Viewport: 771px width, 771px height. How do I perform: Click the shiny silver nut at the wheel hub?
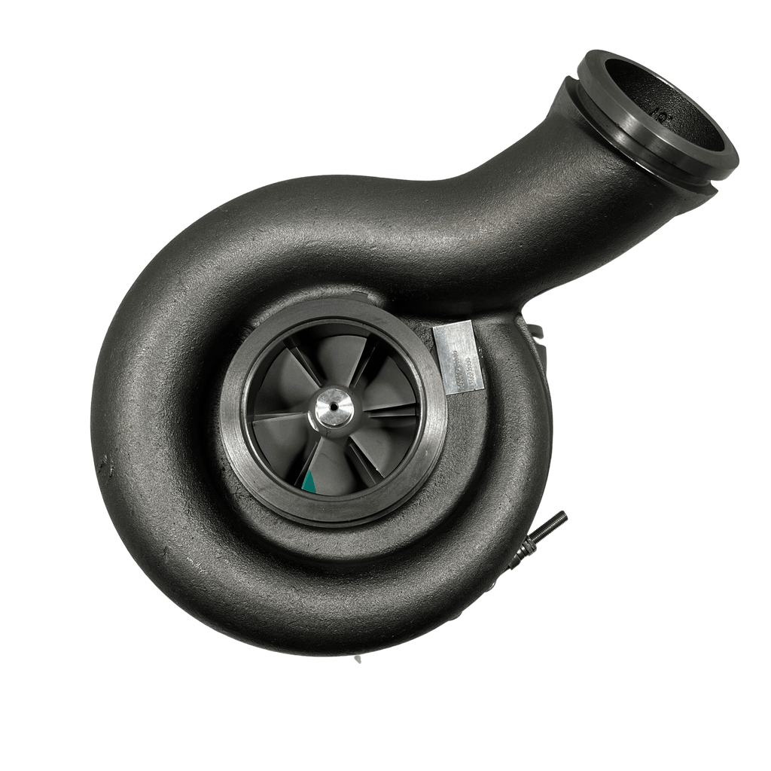click(x=332, y=408)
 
